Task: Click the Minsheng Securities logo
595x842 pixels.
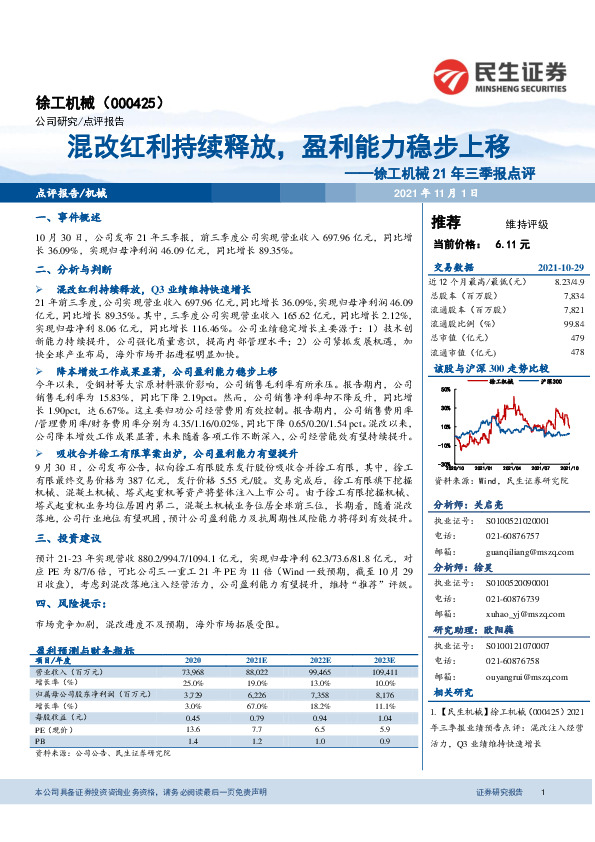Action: tap(500, 75)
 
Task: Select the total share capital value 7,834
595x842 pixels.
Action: tap(572, 296)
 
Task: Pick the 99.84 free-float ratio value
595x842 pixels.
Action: tap(572, 324)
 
